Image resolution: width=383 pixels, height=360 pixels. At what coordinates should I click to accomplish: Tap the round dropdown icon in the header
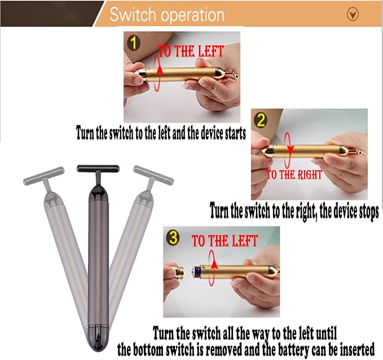coord(353,15)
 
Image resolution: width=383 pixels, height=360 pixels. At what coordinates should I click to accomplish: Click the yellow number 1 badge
coord(134,43)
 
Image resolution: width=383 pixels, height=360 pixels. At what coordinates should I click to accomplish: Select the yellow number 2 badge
coord(262,120)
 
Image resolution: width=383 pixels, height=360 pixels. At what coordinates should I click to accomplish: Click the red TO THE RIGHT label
coord(294,175)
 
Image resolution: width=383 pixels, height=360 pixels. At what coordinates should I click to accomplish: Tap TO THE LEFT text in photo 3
coord(224,242)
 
